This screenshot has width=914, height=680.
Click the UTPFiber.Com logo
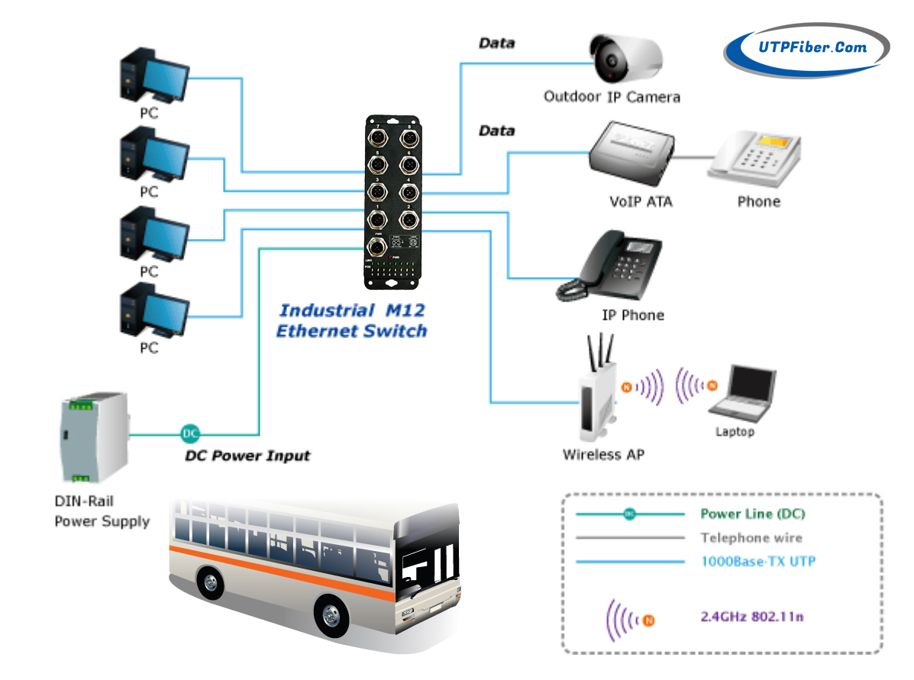(x=806, y=48)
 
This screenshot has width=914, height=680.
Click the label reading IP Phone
(x=633, y=315)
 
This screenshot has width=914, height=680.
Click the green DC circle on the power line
(x=190, y=434)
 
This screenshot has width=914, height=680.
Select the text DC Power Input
(x=248, y=456)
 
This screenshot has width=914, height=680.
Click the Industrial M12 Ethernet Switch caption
(x=351, y=321)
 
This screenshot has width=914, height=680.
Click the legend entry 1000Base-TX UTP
(x=758, y=562)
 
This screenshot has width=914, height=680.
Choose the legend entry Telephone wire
(x=751, y=538)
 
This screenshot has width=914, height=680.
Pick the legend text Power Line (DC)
(x=752, y=514)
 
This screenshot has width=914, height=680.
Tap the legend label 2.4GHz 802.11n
(x=751, y=616)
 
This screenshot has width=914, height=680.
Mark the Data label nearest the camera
(x=496, y=44)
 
